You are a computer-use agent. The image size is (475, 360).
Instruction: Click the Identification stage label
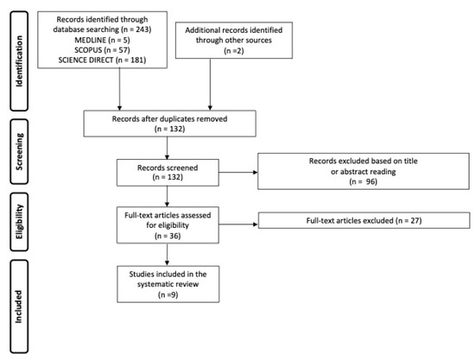tap(19, 61)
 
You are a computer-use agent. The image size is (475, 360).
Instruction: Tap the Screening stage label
tap(19, 151)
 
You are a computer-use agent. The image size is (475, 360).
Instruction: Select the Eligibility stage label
tap(19, 222)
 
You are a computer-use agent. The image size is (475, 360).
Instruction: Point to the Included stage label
tap(19, 306)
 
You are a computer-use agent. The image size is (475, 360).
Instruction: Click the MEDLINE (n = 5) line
tap(103, 40)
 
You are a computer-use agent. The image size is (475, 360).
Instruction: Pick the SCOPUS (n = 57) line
tap(103, 50)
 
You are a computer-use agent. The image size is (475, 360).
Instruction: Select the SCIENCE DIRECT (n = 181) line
tap(103, 60)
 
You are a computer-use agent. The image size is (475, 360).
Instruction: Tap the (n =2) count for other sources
tap(234, 51)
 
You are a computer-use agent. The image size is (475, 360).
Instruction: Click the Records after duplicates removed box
tap(169, 123)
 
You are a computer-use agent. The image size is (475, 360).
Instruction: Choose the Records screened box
tap(168, 173)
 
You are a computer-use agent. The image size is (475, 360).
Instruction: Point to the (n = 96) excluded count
tap(364, 181)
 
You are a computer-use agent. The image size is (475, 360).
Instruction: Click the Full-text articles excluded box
tap(364, 220)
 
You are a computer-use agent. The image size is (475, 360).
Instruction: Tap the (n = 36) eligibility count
tap(168, 236)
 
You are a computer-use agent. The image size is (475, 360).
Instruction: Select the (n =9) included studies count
tap(168, 294)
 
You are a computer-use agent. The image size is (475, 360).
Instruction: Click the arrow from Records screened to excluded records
tap(238, 173)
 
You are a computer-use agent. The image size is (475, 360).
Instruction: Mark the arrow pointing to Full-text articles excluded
tap(238, 224)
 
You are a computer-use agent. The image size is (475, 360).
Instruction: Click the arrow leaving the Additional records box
tap(210, 84)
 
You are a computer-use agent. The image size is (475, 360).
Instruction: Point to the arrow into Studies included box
tap(167, 255)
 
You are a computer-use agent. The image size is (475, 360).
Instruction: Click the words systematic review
tap(168, 284)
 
